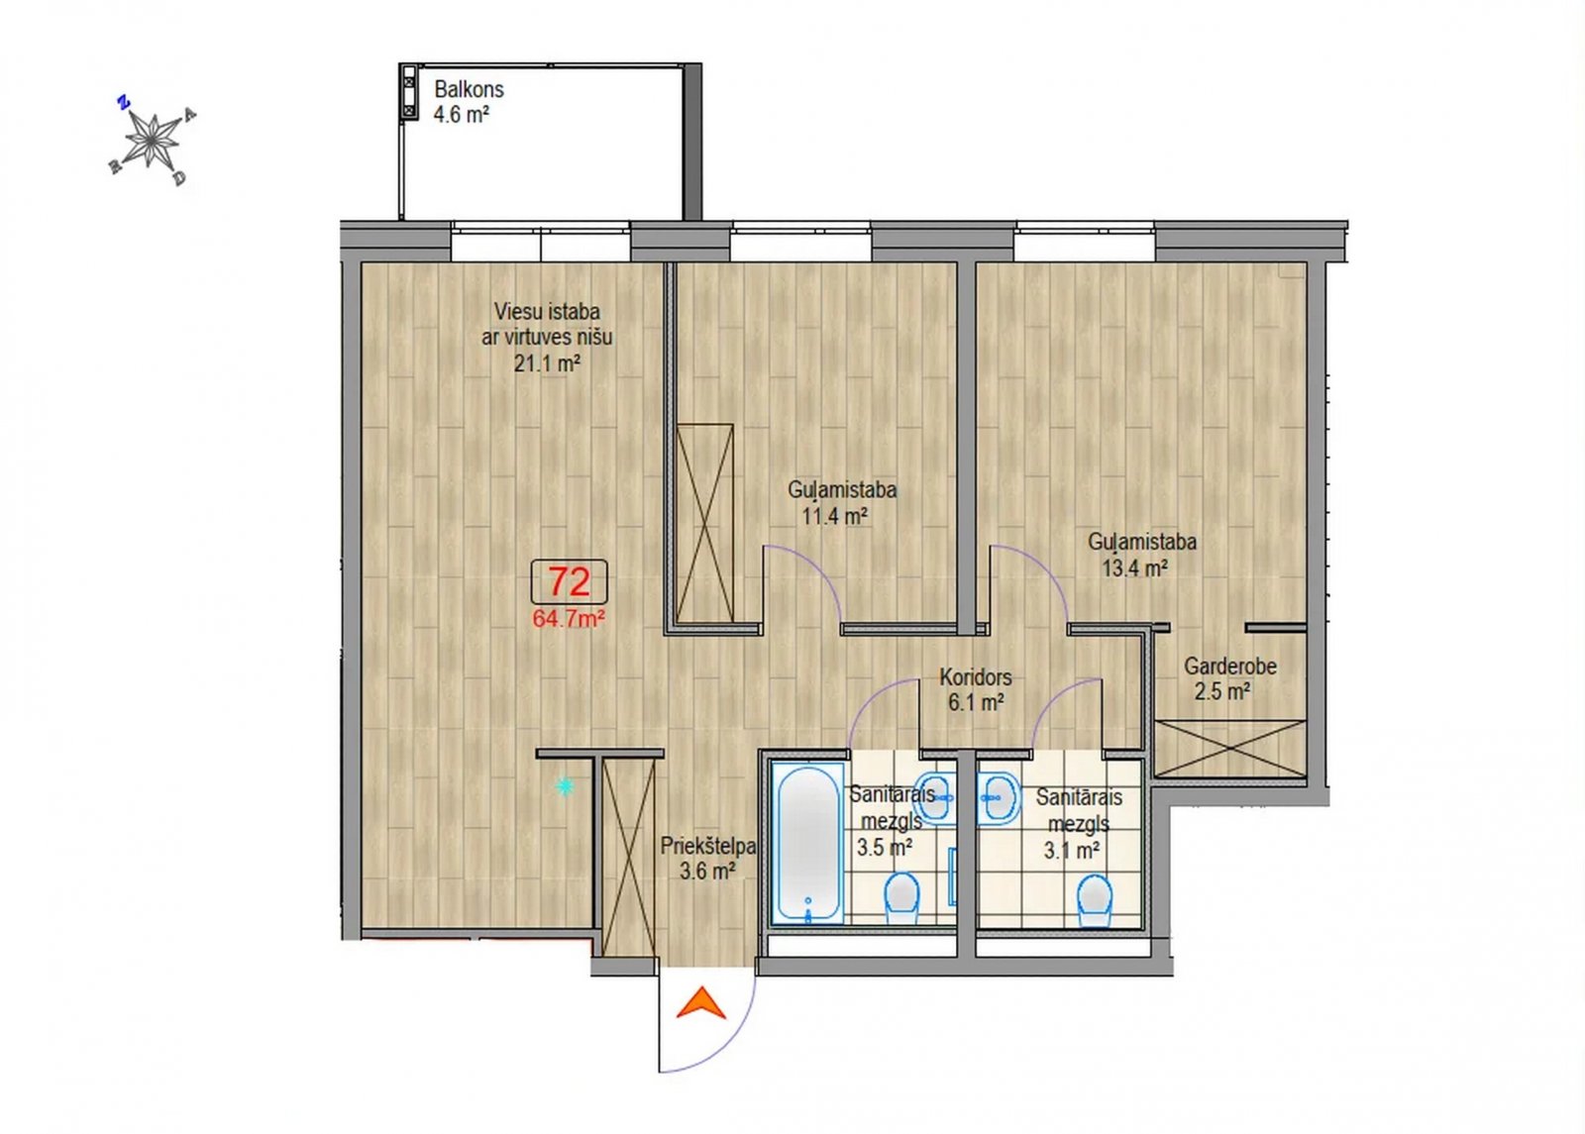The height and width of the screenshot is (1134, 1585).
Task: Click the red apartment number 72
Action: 570,581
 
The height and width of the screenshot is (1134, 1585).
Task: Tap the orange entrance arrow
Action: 701,1002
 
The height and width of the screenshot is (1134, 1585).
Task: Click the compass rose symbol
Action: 152,140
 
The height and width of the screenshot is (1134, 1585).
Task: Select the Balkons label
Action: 470,89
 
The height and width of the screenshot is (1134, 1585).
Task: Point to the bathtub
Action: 807,843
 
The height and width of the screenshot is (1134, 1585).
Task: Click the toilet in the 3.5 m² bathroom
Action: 902,899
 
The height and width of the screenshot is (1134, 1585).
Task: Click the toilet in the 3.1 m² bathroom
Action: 1094,901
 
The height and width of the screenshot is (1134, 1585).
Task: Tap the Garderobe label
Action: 1230,667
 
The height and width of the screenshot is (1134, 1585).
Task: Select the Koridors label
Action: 976,677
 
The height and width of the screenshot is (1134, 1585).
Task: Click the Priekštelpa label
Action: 708,846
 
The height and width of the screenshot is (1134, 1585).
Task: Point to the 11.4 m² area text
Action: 835,516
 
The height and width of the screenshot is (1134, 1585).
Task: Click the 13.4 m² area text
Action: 1135,568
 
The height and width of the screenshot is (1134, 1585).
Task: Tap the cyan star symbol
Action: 564,786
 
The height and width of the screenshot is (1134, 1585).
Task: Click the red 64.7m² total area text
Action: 569,619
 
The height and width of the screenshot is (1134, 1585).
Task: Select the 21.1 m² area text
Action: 547,363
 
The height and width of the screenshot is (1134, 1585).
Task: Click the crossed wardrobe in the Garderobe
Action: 1230,749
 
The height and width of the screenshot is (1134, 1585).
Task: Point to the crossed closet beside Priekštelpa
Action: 629,858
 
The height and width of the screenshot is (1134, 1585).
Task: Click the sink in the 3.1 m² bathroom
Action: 999,798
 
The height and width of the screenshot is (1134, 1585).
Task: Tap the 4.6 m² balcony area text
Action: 462,115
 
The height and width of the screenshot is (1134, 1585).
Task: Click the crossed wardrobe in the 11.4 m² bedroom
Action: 704,524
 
